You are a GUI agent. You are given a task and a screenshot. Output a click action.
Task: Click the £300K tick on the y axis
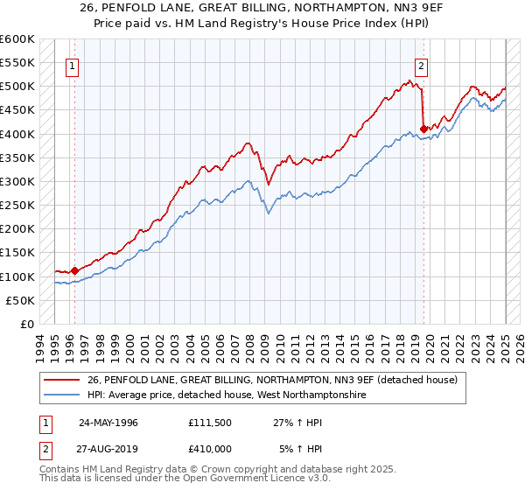[x=17, y=181]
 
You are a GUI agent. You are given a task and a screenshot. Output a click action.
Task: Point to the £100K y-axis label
[x=17, y=276]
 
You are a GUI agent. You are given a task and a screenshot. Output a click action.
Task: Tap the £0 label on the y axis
[x=26, y=324]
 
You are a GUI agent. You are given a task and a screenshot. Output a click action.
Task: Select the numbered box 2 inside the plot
[x=421, y=64]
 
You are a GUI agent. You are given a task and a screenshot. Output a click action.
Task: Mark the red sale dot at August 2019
[x=424, y=129]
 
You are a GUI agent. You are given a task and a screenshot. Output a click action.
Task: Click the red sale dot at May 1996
[x=74, y=270]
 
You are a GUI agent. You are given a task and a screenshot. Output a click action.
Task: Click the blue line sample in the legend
[x=62, y=395]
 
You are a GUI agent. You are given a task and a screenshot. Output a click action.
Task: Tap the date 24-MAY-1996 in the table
[x=108, y=422]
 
